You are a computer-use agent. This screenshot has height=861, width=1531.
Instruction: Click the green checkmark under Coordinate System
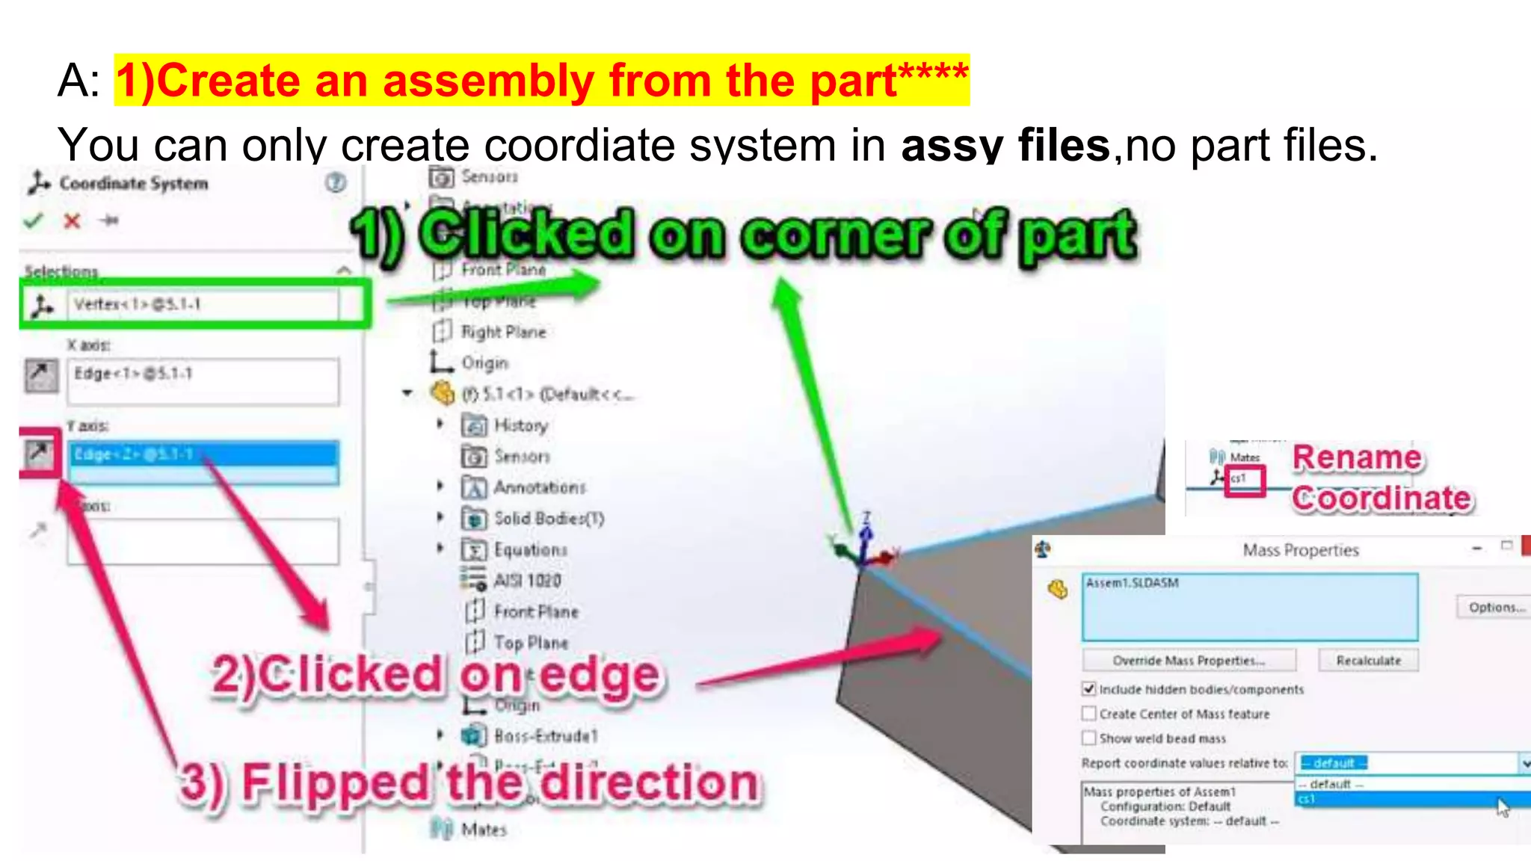coord(33,220)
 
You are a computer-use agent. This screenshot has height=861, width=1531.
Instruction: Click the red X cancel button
coord(72,221)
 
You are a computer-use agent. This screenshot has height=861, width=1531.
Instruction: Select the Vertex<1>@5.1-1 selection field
coord(202,304)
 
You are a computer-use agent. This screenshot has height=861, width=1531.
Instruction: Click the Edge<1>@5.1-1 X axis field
coord(202,381)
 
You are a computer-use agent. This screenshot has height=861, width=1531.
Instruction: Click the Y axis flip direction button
coord(39,452)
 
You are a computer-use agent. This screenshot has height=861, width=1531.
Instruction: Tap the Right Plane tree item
coord(502,332)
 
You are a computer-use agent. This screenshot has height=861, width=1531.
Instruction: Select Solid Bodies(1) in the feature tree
coord(548,519)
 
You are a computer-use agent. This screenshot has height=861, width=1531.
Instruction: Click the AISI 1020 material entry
coord(527,581)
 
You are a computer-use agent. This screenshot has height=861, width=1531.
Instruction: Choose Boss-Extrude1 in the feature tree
coord(546,736)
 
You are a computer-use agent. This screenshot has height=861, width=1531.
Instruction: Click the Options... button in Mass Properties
coord(1495,607)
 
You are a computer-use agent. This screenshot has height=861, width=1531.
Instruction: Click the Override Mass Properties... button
coord(1189,661)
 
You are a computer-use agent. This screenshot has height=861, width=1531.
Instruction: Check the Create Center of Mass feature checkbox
coord(1089,714)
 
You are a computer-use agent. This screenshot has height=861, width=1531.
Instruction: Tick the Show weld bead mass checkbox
coord(1089,738)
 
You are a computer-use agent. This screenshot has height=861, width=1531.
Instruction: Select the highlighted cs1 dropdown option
coord(1405,800)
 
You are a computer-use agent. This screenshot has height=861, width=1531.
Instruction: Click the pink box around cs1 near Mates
coord(1244,480)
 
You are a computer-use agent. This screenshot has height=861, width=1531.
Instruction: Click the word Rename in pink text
coord(1357,457)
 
